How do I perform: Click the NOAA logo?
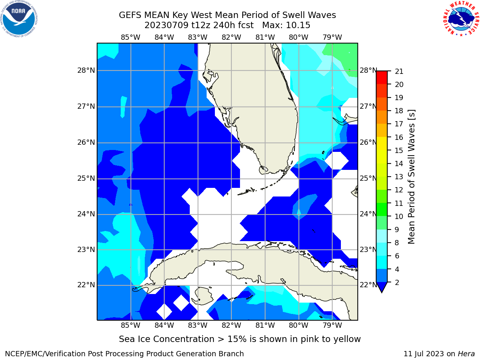click(19, 19)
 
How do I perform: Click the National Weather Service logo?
click(461, 19)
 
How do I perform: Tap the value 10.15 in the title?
click(298, 25)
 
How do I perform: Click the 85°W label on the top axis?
click(130, 37)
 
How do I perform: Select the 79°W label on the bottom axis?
click(332, 325)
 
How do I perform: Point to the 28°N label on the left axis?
click(86, 70)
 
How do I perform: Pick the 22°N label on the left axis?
click(86, 285)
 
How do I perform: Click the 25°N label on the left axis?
click(86, 178)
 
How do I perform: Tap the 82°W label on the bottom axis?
click(231, 325)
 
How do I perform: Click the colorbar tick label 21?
click(399, 72)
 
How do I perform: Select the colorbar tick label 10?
click(399, 216)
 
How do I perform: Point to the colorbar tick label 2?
click(397, 282)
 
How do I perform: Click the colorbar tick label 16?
click(399, 137)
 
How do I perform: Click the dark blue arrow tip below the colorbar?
click(382, 292)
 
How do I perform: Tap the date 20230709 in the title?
click(166, 25)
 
